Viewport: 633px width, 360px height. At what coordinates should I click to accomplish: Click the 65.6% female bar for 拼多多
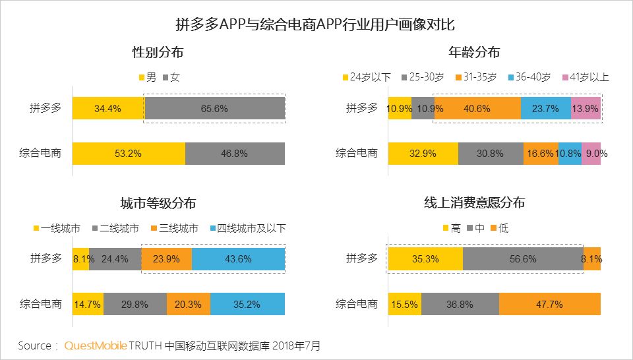point(215,109)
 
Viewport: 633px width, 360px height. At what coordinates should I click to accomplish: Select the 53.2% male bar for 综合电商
point(129,154)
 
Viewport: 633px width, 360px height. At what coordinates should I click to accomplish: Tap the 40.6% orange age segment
point(477,109)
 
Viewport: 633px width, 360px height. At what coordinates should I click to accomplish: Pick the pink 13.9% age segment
point(586,109)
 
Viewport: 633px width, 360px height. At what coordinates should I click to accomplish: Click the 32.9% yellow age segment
point(423,154)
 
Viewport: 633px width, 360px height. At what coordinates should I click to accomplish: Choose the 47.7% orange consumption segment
point(549,304)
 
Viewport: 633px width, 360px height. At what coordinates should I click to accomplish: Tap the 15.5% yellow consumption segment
point(404,304)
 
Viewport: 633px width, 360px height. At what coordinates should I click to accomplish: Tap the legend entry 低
point(503,229)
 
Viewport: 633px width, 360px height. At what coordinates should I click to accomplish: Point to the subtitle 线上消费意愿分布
point(474,203)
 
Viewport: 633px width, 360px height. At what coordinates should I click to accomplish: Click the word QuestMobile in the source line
point(96,345)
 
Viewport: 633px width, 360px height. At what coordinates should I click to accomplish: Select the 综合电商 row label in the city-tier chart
point(40,304)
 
